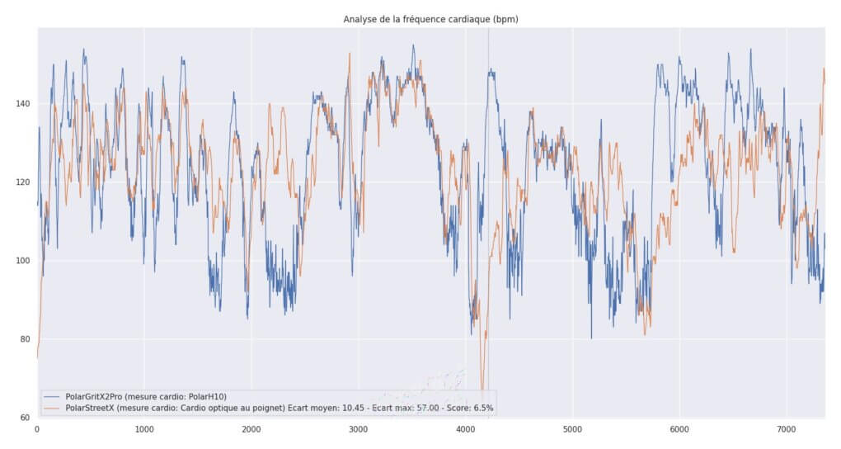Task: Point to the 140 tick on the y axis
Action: click(x=21, y=104)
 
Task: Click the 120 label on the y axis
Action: click(x=21, y=182)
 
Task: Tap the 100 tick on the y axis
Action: click(x=21, y=261)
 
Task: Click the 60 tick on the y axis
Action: click(x=25, y=418)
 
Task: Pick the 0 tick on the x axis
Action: click(x=37, y=430)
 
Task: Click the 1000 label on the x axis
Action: click(x=144, y=430)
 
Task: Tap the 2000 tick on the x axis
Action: click(x=251, y=430)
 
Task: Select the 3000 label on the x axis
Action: click(x=358, y=430)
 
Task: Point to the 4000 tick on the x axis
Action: click(x=465, y=430)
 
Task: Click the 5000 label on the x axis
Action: click(x=572, y=430)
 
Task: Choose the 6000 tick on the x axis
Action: click(x=679, y=430)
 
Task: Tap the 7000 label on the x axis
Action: click(x=787, y=430)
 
